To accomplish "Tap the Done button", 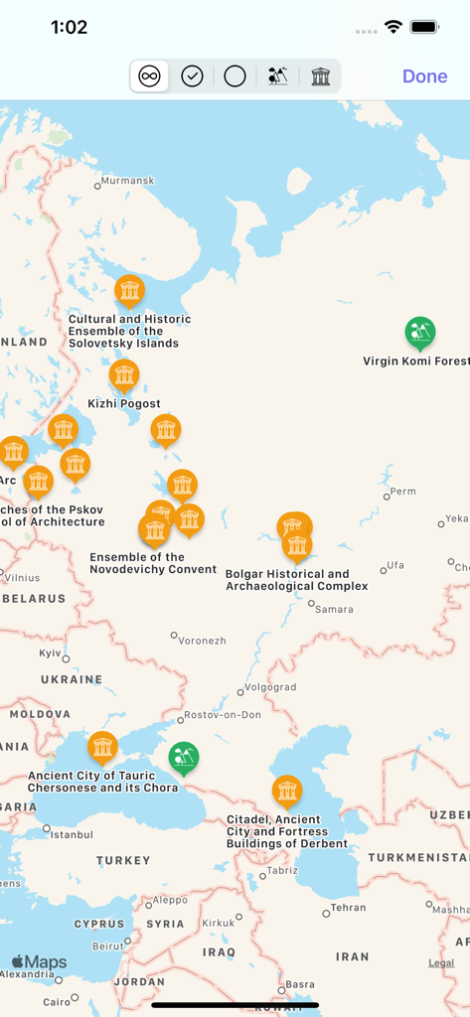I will pyautogui.click(x=424, y=76).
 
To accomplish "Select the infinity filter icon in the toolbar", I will pyautogui.click(x=149, y=76).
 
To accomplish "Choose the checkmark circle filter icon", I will pyautogui.click(x=192, y=76).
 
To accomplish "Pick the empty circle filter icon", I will pyautogui.click(x=235, y=76).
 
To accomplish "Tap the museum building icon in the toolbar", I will pyautogui.click(x=320, y=76).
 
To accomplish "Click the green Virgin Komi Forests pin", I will pyautogui.click(x=420, y=333).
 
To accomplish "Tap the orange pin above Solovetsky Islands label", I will pyautogui.click(x=129, y=290).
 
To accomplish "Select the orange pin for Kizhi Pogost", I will pyautogui.click(x=124, y=375).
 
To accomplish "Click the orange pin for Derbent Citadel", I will pyautogui.click(x=287, y=791).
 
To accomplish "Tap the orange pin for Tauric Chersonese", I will pyautogui.click(x=102, y=747).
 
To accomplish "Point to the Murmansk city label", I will pyautogui.click(x=129, y=181).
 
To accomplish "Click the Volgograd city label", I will pyautogui.click(x=270, y=686).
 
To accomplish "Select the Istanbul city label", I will pyautogui.click(x=72, y=834).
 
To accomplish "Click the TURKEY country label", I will pyautogui.click(x=123, y=860).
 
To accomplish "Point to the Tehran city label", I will pyautogui.click(x=348, y=908).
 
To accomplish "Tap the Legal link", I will pyautogui.click(x=441, y=962).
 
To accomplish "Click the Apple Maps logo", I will pyautogui.click(x=39, y=962).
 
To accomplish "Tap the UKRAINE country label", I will pyautogui.click(x=71, y=679).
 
